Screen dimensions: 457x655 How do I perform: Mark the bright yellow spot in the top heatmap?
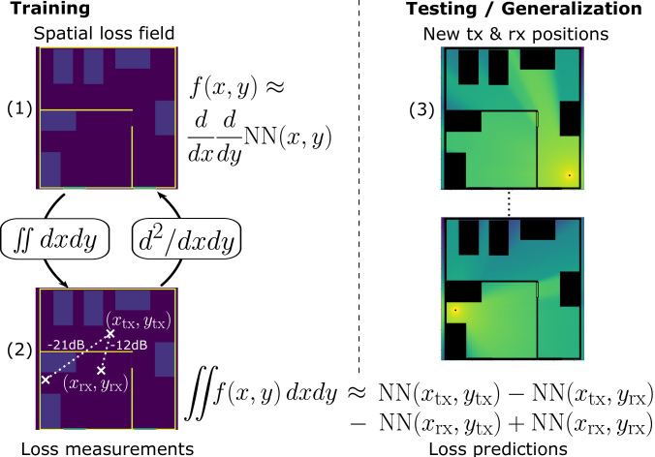tap(569, 174)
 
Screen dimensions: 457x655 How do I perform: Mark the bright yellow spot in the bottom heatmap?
tap(454, 310)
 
